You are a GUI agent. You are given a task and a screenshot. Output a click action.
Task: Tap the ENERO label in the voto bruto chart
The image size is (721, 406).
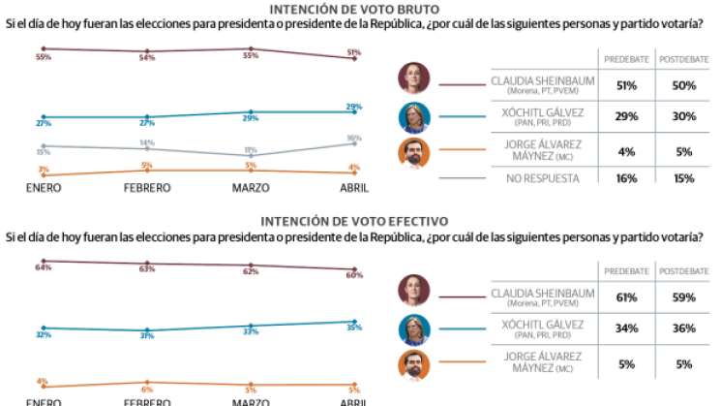coord(44,187)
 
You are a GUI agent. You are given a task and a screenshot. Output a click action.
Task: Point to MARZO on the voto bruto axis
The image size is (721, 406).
coord(251,187)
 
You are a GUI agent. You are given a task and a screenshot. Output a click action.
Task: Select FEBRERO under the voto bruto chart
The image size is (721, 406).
coord(147,187)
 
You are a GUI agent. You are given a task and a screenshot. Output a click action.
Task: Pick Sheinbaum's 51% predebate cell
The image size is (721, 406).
coord(626,85)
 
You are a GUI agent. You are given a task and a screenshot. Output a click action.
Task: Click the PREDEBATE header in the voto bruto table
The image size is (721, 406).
coord(626,60)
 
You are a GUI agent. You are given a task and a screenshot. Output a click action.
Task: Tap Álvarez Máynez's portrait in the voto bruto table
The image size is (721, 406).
coord(413,152)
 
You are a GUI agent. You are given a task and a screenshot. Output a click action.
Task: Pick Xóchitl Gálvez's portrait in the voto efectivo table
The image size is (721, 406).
coord(413,328)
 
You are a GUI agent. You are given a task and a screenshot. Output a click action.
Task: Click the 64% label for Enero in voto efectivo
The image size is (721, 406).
coord(43,267)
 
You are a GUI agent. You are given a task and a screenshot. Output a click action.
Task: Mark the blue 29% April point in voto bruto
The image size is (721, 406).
coord(354,111)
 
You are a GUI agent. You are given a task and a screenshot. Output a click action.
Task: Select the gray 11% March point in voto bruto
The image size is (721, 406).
coord(251,155)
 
